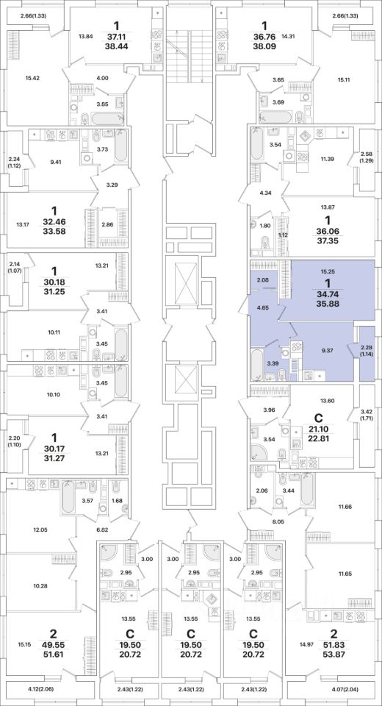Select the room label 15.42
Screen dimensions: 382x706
31,77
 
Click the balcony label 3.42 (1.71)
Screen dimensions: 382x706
365,414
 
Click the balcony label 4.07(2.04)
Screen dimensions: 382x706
350,688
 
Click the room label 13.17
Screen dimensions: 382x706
23,224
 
